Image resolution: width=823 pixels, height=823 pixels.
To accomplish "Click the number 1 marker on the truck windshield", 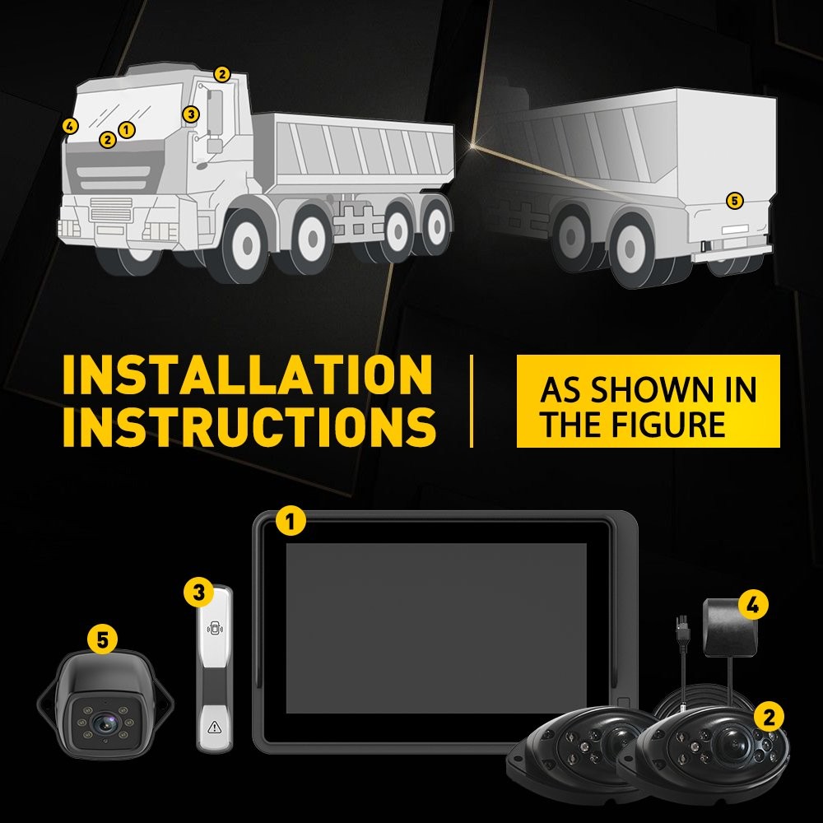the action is pos(126,130).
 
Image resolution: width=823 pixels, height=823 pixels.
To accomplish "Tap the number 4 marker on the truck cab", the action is pos(70,126).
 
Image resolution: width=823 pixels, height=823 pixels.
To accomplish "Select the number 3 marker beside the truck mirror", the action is pos(191,114).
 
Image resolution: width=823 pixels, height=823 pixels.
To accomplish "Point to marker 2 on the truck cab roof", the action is pos(222,75).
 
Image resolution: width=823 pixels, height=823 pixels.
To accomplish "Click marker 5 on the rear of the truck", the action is pos(734,201).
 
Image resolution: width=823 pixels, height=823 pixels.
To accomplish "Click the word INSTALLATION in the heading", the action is pos(247,374).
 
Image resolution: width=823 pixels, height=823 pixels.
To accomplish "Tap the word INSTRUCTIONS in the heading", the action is pos(249,426).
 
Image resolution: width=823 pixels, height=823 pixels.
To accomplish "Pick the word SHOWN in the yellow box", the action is pos(649,389).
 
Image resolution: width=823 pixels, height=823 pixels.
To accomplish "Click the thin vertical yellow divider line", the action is pos(472,401).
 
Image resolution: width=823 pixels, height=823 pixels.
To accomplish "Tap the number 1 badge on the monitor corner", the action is pos(291,521).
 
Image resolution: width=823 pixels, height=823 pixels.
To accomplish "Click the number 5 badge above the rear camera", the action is pos(102,639).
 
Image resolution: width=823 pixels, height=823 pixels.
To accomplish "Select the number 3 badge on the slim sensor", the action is pos(198,593).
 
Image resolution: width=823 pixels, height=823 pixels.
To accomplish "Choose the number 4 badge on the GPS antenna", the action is pos(753,605).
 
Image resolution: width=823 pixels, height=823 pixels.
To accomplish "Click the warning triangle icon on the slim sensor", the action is pos(215,727).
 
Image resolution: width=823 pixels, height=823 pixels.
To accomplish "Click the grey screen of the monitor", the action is pos(435,628).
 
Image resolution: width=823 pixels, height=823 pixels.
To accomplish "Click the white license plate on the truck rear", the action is pos(735,230).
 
